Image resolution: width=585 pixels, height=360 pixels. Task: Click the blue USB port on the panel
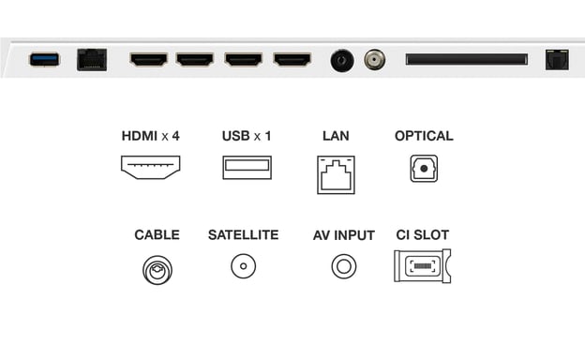tap(44, 60)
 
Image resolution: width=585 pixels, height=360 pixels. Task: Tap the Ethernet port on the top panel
tap(91, 60)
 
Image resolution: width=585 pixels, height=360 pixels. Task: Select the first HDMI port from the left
tap(148, 60)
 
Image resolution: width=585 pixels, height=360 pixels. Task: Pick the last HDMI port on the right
tap(292, 60)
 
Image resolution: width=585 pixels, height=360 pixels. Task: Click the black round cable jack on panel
tap(341, 60)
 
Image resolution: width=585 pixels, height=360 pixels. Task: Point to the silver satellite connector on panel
tap(374, 59)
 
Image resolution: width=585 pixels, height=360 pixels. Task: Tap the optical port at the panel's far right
tap(557, 59)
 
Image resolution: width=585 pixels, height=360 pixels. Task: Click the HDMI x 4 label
tap(150, 136)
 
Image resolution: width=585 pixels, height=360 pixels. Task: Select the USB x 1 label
tap(247, 136)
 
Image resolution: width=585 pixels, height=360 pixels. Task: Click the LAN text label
tap(336, 136)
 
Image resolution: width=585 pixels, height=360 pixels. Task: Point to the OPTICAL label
tap(424, 136)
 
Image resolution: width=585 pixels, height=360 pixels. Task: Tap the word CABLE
tap(157, 234)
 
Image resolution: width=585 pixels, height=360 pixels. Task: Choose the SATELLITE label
tap(243, 234)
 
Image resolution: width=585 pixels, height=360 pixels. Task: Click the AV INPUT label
tap(344, 234)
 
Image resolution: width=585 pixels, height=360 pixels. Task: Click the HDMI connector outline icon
tap(150, 167)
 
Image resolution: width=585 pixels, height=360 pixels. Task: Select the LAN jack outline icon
tap(336, 172)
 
